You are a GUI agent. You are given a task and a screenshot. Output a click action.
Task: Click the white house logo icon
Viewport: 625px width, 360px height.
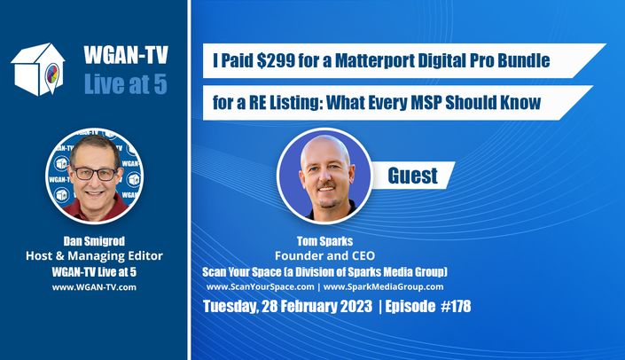38,69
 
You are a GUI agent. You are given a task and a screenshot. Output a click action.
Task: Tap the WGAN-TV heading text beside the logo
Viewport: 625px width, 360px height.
126,55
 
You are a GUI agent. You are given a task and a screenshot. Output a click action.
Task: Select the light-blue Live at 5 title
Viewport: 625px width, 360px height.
126,84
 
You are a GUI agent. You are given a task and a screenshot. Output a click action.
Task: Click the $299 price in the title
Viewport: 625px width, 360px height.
276,60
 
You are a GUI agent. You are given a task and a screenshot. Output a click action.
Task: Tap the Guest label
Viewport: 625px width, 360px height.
412,176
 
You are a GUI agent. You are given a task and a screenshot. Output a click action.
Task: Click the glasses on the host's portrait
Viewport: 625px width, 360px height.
94,174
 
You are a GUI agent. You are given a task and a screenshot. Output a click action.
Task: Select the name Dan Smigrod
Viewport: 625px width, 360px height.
94,241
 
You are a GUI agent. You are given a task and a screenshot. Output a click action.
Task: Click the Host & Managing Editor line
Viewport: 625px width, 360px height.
94,256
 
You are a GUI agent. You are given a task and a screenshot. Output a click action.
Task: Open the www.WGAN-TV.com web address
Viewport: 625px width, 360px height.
94,287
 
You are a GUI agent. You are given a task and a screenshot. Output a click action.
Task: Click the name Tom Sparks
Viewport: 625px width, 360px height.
324,241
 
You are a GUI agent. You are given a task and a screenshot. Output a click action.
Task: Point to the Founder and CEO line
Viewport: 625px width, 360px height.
324,255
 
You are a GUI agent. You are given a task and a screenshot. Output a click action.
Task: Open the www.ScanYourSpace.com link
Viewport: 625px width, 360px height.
261,286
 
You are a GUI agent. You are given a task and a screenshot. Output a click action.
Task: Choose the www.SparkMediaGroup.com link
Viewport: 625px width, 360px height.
383,286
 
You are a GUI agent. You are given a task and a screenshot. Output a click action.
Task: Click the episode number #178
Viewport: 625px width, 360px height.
456,306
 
